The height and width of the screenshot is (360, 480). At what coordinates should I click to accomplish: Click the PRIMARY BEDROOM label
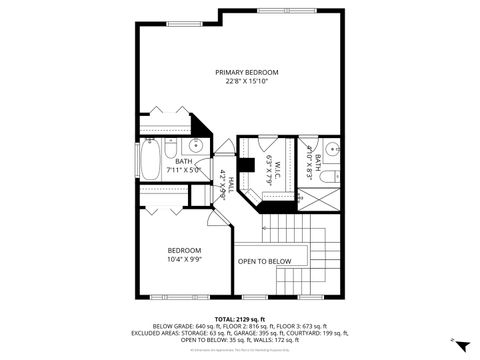(246, 73)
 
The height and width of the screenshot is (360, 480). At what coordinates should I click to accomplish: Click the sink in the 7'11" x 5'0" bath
(196, 147)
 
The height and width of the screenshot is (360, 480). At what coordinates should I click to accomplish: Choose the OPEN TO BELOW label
(264, 262)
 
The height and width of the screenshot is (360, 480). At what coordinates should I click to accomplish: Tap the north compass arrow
(460, 342)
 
